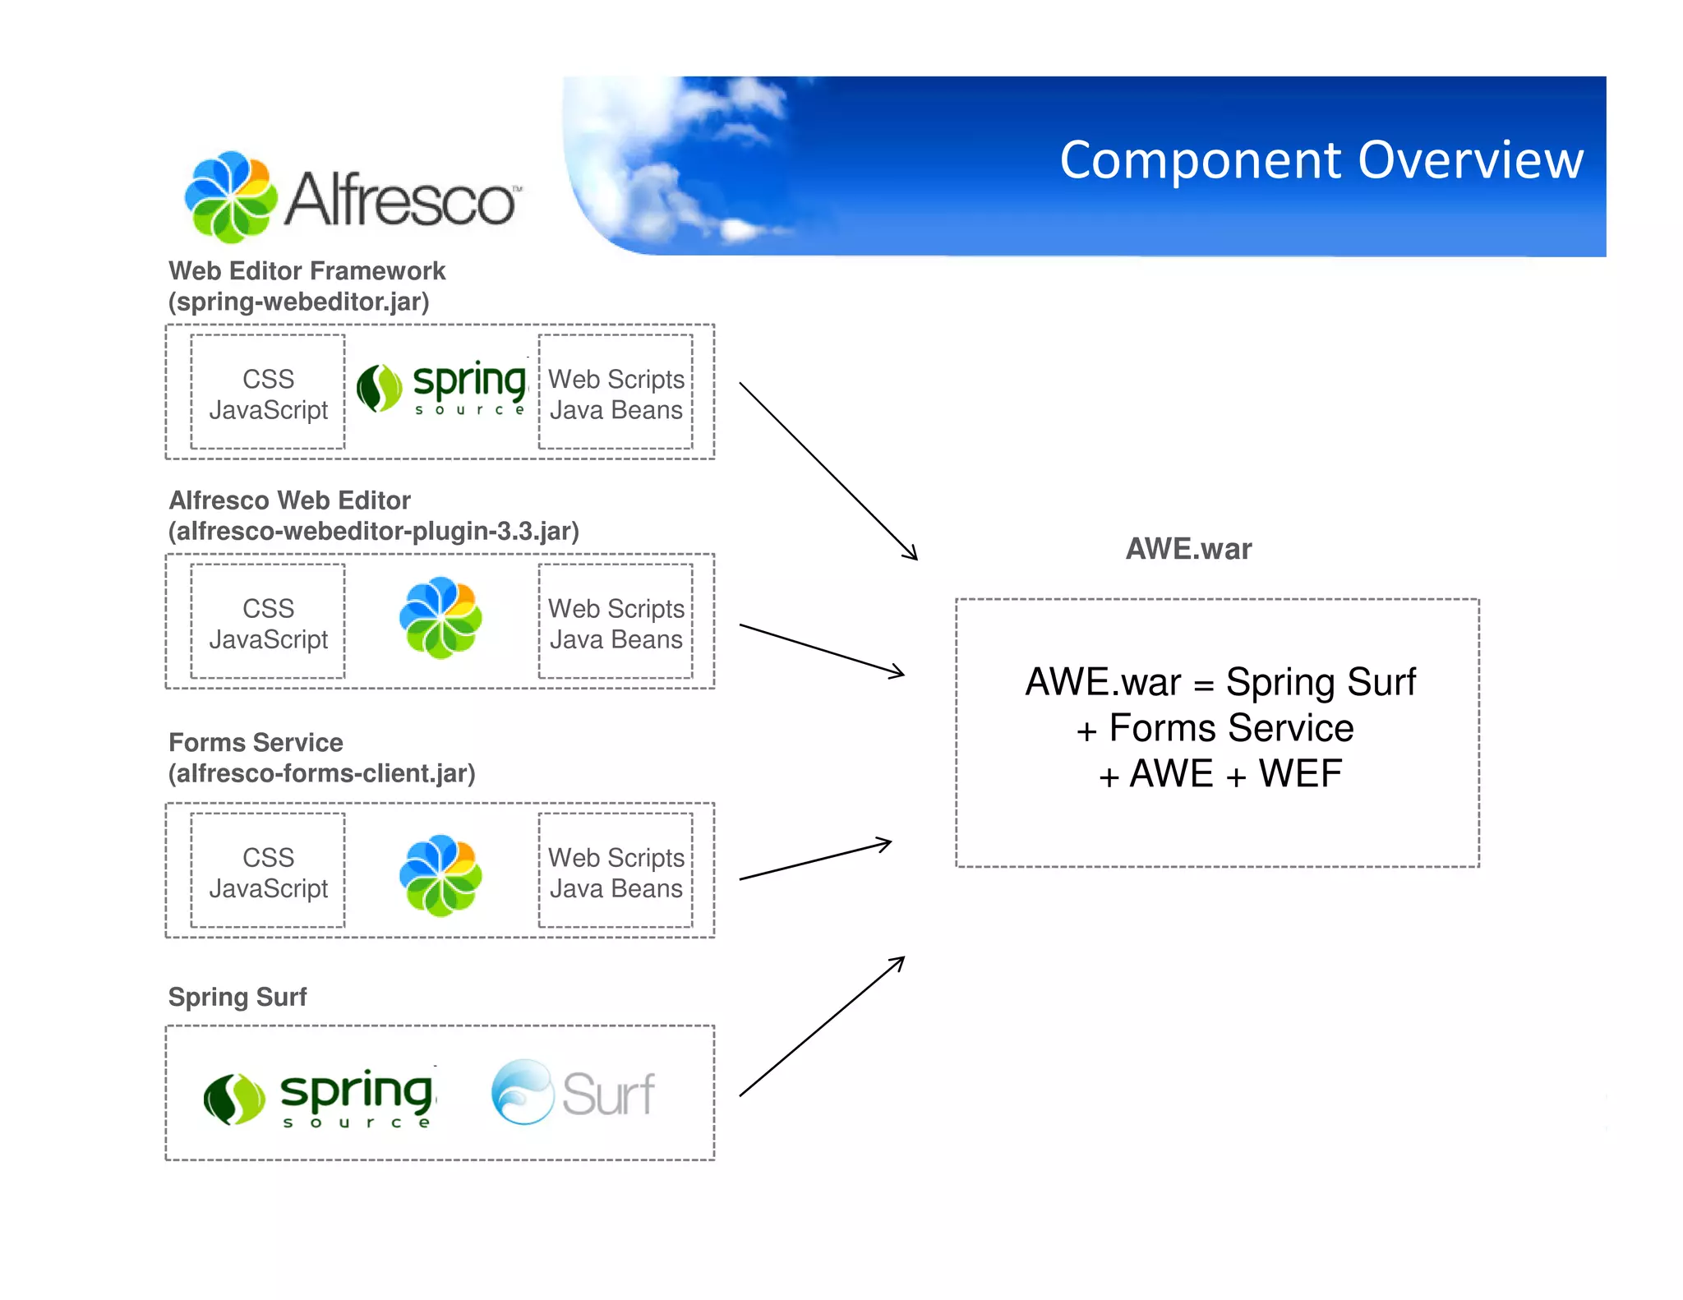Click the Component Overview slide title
click(1321, 159)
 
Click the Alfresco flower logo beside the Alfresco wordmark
click(231, 197)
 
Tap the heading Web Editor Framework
click(307, 270)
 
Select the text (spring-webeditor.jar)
click(298, 302)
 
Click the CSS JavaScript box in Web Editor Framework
click(268, 393)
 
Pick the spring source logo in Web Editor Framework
click(442, 388)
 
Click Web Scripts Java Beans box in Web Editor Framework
click(616, 393)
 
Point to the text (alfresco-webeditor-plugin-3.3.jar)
click(373, 531)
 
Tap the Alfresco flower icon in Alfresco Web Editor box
click(440, 618)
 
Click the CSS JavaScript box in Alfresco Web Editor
click(268, 623)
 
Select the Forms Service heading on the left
click(256, 742)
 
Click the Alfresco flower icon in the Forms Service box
click(440, 876)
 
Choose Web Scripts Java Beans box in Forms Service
click(616, 872)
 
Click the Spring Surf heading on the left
click(237, 997)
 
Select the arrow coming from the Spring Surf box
click(822, 1026)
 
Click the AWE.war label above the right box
click(1187, 548)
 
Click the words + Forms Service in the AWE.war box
click(1215, 728)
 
